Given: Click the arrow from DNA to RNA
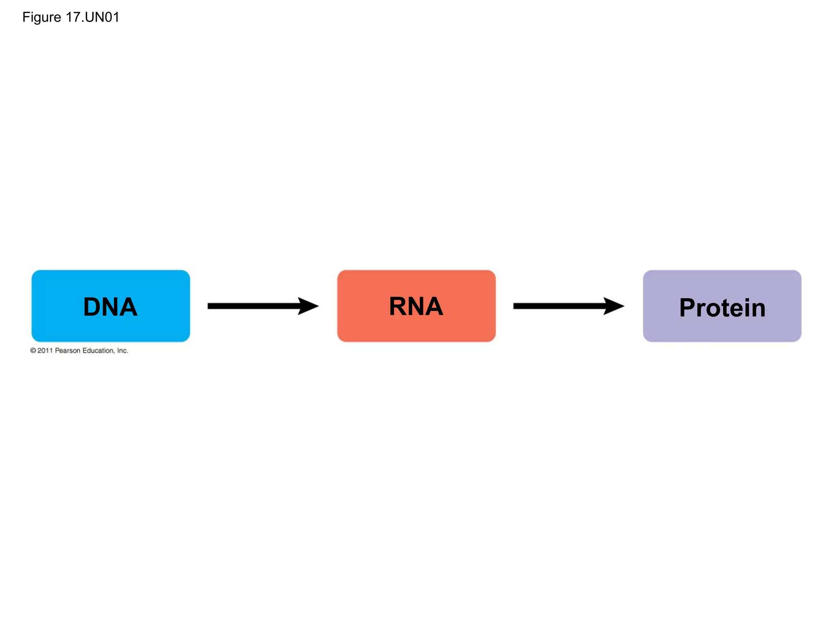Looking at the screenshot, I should (x=252, y=306).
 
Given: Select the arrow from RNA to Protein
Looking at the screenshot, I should (x=558, y=306).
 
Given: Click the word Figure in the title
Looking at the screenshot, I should (x=41, y=17).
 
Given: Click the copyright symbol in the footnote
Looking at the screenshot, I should (x=33, y=350).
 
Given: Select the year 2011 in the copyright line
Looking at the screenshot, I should (x=45, y=350).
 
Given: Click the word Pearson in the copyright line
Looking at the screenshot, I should (x=68, y=350).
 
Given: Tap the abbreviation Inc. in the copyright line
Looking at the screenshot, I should (x=122, y=350).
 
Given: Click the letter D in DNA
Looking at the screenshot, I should (x=92, y=307).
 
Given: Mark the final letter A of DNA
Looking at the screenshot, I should (x=128, y=307).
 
